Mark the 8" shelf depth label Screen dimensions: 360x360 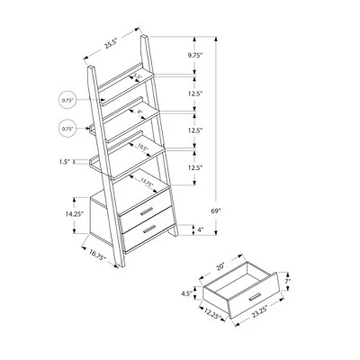pos(139,112)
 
